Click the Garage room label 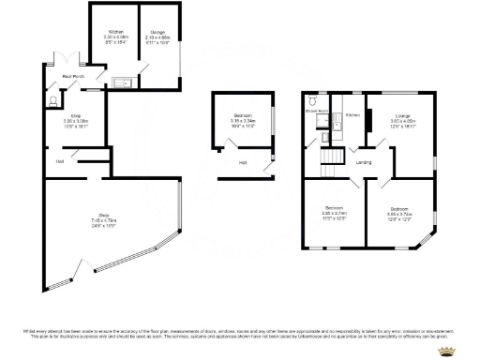click(x=157, y=37)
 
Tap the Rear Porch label click(x=73, y=76)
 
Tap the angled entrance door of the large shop click(x=67, y=273)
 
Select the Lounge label click(x=402, y=118)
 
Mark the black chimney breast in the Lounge click(x=367, y=120)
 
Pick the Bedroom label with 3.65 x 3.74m click(x=397, y=211)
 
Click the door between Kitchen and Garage click(x=140, y=71)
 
